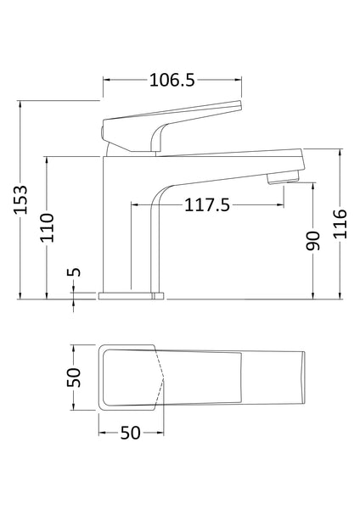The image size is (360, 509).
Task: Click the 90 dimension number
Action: [312, 240]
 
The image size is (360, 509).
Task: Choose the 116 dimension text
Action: [339, 225]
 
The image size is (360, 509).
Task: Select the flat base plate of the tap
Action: [132, 295]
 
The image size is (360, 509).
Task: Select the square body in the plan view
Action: [129, 378]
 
